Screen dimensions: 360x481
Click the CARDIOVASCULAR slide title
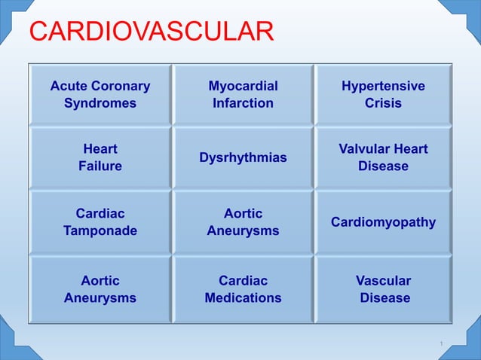tap(151, 32)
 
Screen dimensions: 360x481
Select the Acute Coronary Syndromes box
tap(100, 94)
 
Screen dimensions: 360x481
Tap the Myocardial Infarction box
tap(243, 94)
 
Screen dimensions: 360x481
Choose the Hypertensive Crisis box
tap(383, 94)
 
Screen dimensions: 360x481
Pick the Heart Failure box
tap(100, 157)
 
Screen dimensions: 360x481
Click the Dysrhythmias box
tap(243, 157)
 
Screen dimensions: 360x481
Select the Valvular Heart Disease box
tap(383, 157)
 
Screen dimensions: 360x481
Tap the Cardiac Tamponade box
tap(100, 222)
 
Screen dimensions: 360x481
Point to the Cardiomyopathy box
tap(383, 222)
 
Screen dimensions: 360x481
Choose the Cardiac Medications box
tap(243, 289)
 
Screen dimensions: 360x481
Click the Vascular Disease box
tap(383, 289)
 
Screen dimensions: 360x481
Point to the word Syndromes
tap(100, 103)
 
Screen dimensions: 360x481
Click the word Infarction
tap(243, 103)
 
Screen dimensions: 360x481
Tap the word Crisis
tap(383, 103)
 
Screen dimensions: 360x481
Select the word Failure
tap(100, 166)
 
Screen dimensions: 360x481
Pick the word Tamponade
tap(100, 231)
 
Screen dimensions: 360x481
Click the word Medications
tap(243, 298)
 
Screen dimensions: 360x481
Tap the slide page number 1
tap(441, 344)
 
